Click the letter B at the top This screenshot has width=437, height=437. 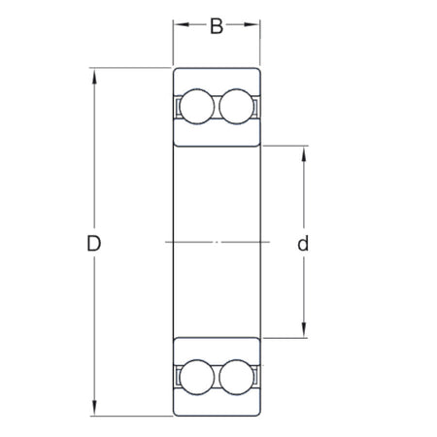(x=217, y=25)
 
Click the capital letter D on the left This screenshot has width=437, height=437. (x=93, y=244)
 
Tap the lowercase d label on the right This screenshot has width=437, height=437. (x=303, y=244)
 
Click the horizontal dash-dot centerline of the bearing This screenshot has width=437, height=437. (x=217, y=241)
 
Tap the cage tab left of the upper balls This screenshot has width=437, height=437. (x=179, y=106)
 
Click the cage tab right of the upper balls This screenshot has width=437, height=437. (x=255, y=106)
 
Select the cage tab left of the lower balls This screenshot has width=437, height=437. (x=179, y=377)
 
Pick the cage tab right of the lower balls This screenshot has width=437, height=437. (x=255, y=377)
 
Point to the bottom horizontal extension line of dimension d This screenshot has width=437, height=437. (x=286, y=338)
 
